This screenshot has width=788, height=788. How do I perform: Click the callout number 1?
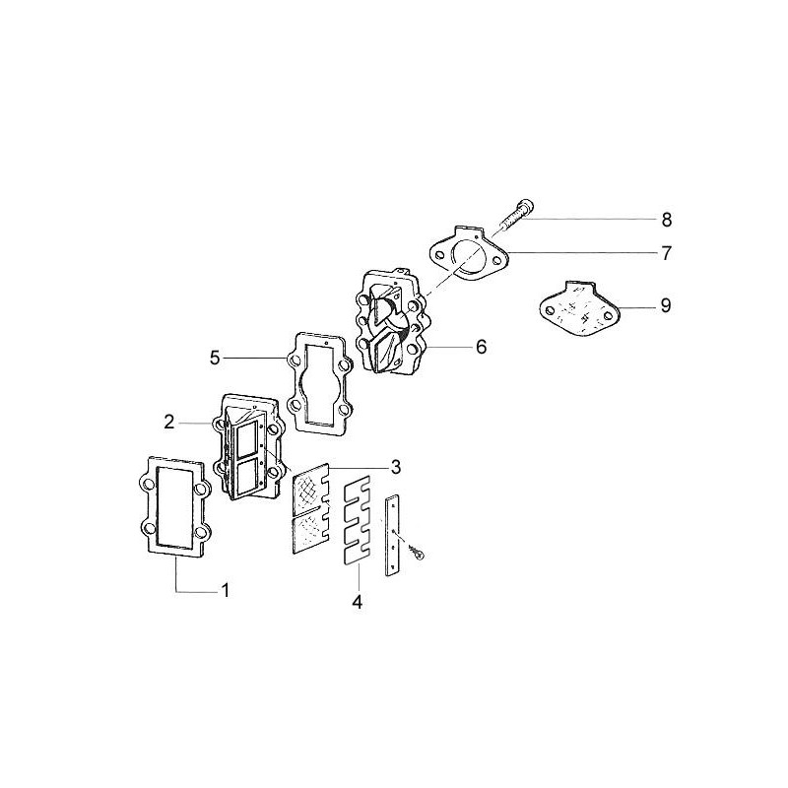point(225,591)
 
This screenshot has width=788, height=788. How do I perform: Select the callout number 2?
point(169,422)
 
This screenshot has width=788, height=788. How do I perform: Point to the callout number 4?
point(357,600)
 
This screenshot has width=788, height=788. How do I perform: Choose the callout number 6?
point(480,347)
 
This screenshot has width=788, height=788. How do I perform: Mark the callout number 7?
point(666,253)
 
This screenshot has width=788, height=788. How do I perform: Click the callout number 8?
point(666,218)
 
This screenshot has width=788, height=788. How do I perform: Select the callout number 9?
point(666,306)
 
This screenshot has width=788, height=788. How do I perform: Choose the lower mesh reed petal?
point(310,529)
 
